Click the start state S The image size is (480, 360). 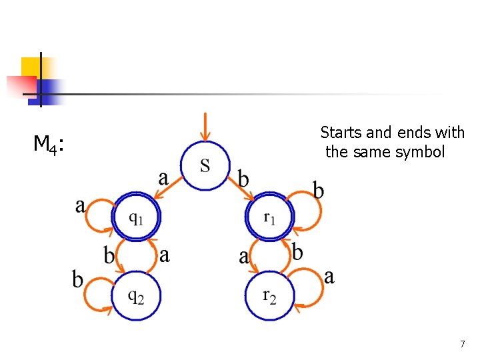(x=205, y=165)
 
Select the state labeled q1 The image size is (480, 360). (x=137, y=217)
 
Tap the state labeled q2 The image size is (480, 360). (x=136, y=297)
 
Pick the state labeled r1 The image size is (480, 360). (x=269, y=217)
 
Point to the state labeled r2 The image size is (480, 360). (x=269, y=295)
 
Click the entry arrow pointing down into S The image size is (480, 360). (x=205, y=127)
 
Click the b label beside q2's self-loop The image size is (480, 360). (x=78, y=279)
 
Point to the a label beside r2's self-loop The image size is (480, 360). (x=329, y=276)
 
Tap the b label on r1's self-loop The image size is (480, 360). (x=319, y=191)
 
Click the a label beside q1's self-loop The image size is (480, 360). (x=81, y=206)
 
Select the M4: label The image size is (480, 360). (x=49, y=143)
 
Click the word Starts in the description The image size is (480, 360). (x=340, y=133)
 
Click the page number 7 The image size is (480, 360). (x=462, y=344)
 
